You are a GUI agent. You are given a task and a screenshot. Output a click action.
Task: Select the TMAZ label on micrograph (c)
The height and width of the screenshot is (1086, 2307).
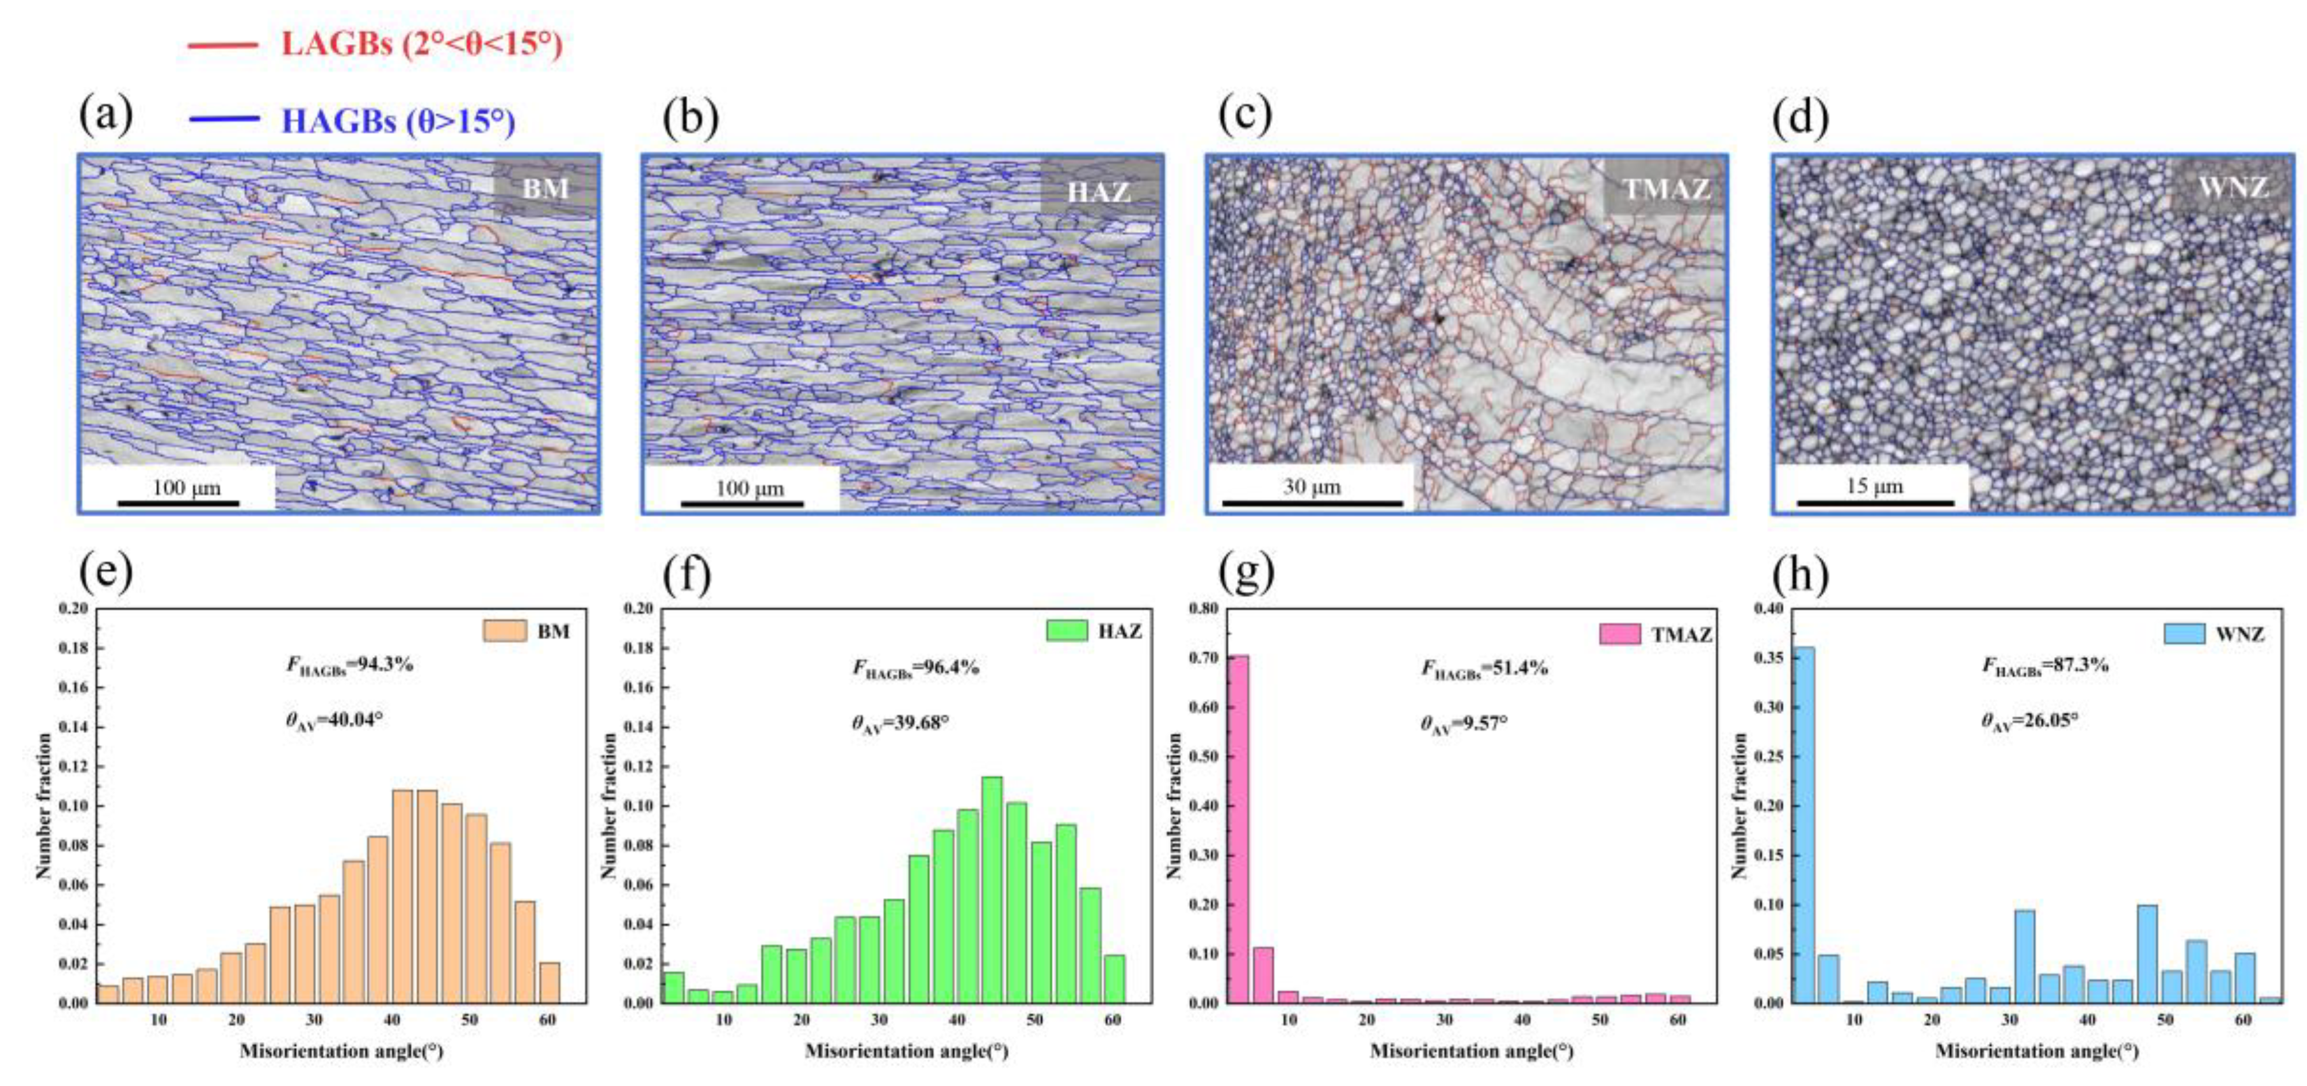[x=1665, y=189]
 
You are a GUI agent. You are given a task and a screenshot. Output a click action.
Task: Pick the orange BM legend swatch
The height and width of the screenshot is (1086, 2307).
[x=504, y=631]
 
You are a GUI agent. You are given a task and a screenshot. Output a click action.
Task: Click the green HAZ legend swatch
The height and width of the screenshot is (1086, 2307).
[x=1067, y=631]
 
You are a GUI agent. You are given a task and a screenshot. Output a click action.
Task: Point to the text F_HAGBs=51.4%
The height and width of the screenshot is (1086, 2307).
[x=1485, y=668]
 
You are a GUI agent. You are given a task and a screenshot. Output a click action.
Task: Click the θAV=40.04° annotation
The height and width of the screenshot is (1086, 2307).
[x=334, y=721]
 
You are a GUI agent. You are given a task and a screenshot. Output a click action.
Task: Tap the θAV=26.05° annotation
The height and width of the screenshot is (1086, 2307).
[x=2029, y=721]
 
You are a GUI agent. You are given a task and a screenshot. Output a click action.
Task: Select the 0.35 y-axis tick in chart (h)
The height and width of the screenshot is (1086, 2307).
[x=1767, y=658]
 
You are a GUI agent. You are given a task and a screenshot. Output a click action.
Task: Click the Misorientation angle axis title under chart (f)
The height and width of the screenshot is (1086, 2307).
[x=906, y=1050]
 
